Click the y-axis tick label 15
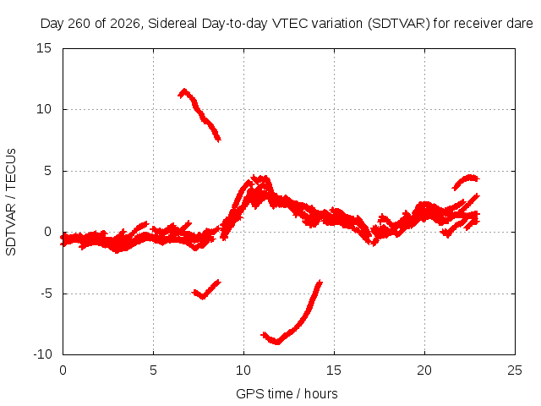coord(44,48)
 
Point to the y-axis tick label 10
coord(44,109)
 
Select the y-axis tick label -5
coord(46,294)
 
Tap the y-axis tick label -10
coord(43,354)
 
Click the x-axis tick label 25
coord(515,370)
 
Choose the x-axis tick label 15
coord(334,370)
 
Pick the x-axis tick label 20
coord(424,370)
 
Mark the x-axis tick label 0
coord(63,370)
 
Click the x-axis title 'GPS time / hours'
coord(287,393)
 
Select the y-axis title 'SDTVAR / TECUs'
coord(11,202)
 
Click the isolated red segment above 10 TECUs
coord(199,114)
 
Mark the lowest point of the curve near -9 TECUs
coord(277,342)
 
